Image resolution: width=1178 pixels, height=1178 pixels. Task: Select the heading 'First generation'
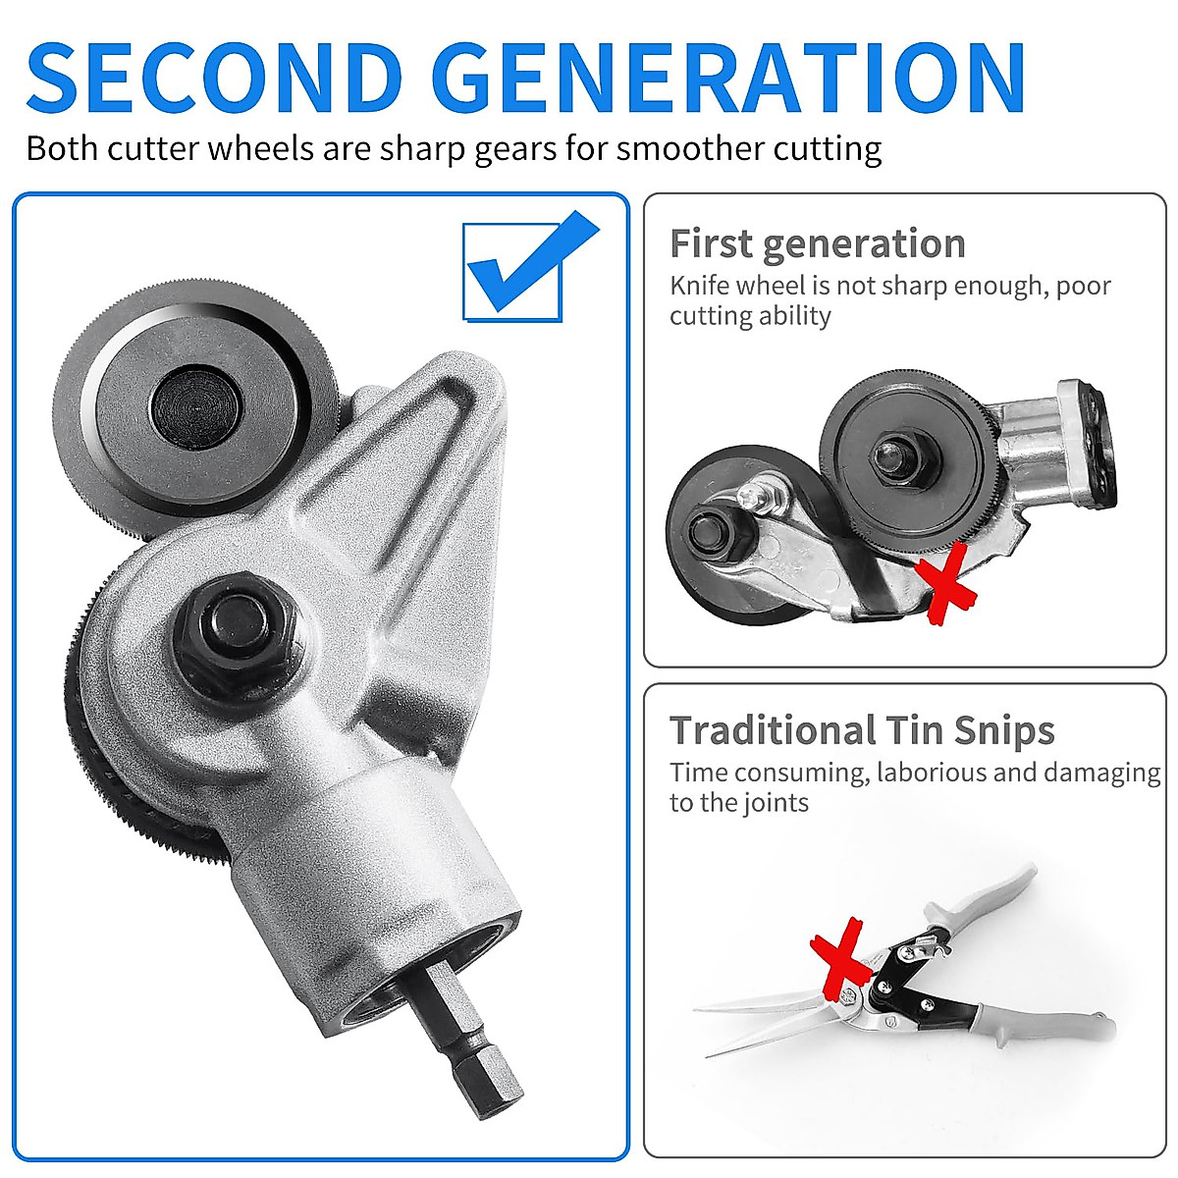817,243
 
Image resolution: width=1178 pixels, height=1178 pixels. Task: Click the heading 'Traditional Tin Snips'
862,730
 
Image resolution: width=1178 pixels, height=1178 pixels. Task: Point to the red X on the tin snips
840,952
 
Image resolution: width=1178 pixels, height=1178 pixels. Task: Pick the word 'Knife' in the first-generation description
699,286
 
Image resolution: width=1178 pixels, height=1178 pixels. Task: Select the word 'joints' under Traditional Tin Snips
775,803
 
